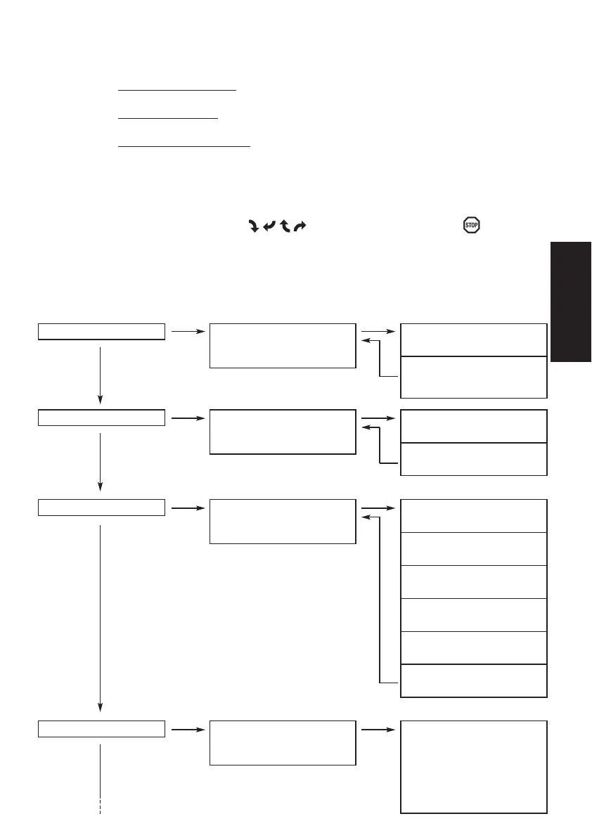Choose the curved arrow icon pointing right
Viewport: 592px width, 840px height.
(300, 226)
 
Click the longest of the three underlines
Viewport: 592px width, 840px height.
(184, 147)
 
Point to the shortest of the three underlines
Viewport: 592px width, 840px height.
(168, 119)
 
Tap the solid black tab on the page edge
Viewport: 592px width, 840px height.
(571, 302)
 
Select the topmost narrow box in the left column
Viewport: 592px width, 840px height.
(101, 331)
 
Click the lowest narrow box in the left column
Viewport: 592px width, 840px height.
(101, 728)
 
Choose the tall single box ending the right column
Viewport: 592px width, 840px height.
(474, 766)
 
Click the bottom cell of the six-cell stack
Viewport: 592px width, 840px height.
(474, 680)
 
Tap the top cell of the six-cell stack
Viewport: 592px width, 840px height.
(474, 516)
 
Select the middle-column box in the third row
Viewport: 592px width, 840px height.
(283, 521)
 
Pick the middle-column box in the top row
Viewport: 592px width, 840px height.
(283, 345)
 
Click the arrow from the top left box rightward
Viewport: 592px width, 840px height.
(187, 330)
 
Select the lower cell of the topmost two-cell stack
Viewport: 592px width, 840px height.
(474, 377)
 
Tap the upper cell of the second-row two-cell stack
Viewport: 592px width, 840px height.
(474, 426)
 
